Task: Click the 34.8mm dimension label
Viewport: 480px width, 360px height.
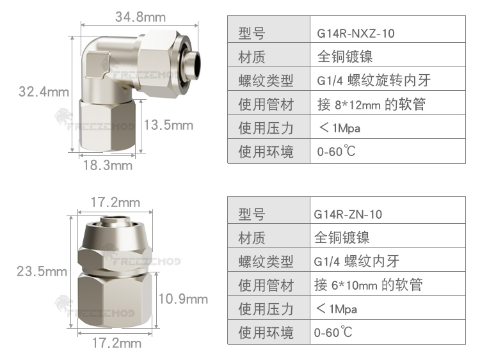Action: click(x=141, y=17)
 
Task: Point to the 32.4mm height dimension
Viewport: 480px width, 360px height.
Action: click(x=44, y=91)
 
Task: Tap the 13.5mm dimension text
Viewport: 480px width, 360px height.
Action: click(x=168, y=125)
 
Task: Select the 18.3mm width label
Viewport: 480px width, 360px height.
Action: click(x=108, y=165)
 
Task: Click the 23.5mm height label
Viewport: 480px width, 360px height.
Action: click(x=42, y=271)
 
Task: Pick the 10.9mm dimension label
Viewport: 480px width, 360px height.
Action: click(x=183, y=299)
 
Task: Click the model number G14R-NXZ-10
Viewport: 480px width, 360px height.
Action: click(x=356, y=33)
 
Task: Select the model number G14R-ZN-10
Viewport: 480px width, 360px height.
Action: click(x=348, y=214)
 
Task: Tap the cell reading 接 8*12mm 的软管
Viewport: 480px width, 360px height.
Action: click(x=371, y=105)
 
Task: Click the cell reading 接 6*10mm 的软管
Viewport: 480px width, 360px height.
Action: click(x=368, y=285)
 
